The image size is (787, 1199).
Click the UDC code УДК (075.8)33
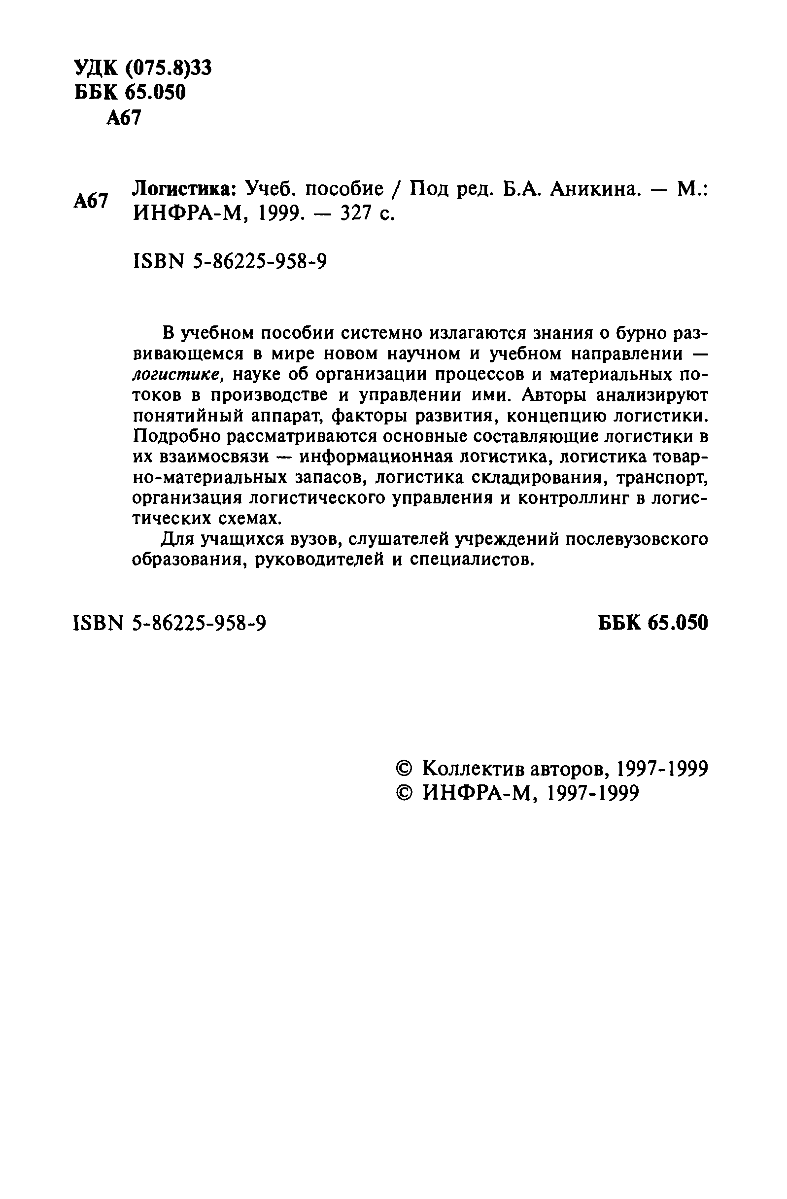(x=143, y=68)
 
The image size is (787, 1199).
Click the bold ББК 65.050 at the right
(x=653, y=623)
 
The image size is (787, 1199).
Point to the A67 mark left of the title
(x=91, y=201)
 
